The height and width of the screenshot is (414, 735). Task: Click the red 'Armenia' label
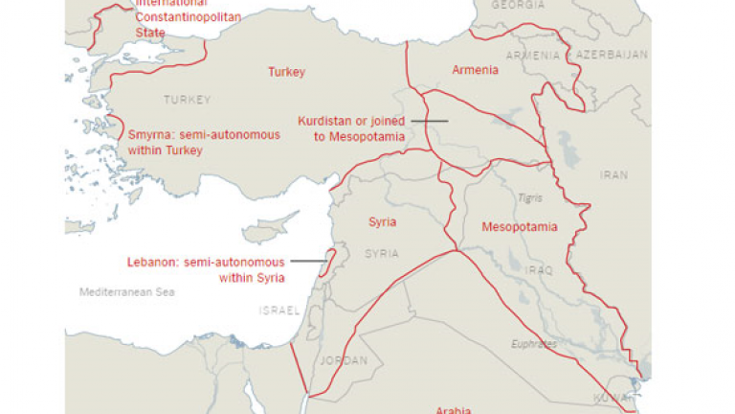point(475,71)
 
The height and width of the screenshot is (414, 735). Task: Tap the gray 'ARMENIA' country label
point(532,56)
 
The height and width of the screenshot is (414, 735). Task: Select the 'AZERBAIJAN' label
point(612,56)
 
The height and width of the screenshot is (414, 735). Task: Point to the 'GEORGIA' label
point(518,6)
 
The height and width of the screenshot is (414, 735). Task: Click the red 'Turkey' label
point(286,72)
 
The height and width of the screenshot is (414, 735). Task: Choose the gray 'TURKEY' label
point(187,100)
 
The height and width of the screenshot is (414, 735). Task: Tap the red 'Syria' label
point(382,222)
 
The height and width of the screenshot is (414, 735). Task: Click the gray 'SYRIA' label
point(382,253)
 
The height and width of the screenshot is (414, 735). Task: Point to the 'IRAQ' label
point(538,270)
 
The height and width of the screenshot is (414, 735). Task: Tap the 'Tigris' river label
point(529,198)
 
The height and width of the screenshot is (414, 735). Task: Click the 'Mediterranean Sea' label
point(127,291)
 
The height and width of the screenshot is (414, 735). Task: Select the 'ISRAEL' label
point(279,310)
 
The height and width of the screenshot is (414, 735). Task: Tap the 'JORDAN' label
point(345,360)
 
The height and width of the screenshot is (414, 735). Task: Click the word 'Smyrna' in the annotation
point(149,135)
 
